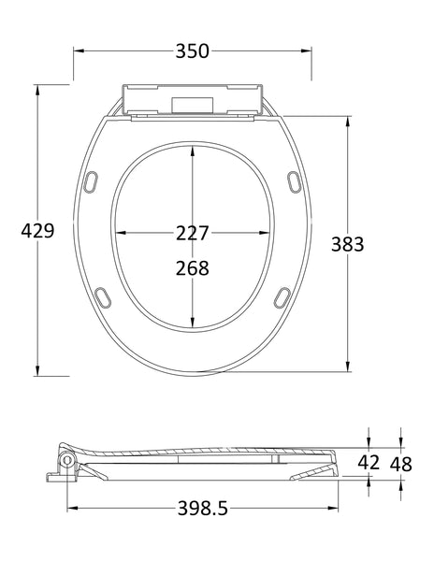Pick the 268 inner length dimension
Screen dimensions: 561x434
pyautogui.click(x=192, y=267)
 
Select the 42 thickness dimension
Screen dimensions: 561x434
pyautogui.click(x=369, y=461)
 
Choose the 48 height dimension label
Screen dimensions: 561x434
pyautogui.click(x=400, y=461)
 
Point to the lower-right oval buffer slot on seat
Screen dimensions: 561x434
pyautogui.click(x=281, y=295)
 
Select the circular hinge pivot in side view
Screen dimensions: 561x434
pyautogui.click(x=67, y=461)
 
